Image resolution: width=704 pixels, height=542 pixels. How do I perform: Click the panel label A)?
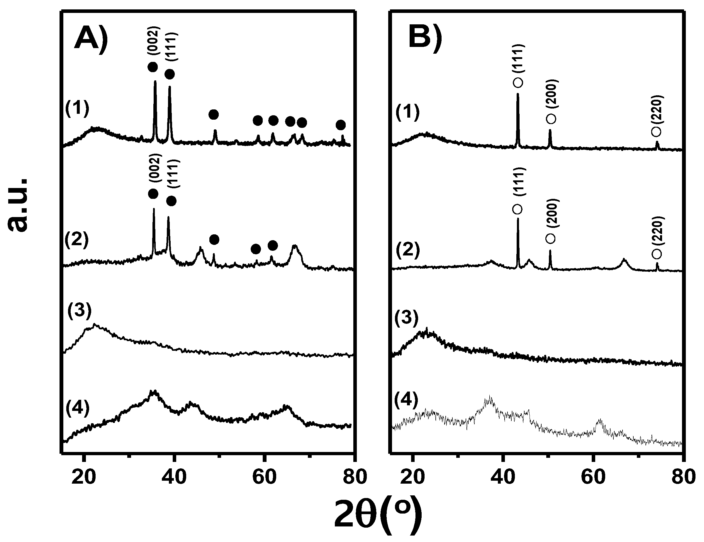pyautogui.click(x=91, y=38)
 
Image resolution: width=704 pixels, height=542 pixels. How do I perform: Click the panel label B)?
pyautogui.click(x=425, y=38)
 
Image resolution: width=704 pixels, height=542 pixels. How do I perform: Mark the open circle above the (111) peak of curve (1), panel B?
pyautogui.click(x=518, y=82)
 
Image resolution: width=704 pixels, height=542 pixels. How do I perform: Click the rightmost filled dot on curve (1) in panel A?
pyautogui.click(x=341, y=125)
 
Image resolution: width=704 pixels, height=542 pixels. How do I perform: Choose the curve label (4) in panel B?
pyautogui.click(x=406, y=400)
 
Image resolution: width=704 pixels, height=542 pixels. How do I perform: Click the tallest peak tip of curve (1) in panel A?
pyautogui.click(x=155, y=82)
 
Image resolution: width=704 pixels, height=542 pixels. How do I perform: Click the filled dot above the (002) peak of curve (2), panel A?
pyautogui.click(x=153, y=194)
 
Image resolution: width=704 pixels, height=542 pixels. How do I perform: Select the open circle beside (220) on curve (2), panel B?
pyautogui.click(x=656, y=254)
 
